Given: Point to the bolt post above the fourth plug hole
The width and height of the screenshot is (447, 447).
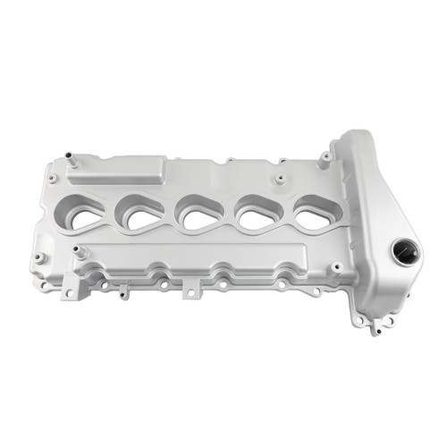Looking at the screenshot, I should coord(279,180).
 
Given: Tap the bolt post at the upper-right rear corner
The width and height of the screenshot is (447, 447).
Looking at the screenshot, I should coord(327,156).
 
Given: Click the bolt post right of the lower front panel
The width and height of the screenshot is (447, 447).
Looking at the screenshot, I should coord(335,266).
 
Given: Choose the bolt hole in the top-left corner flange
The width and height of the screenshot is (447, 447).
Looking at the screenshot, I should coord(54,179).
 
